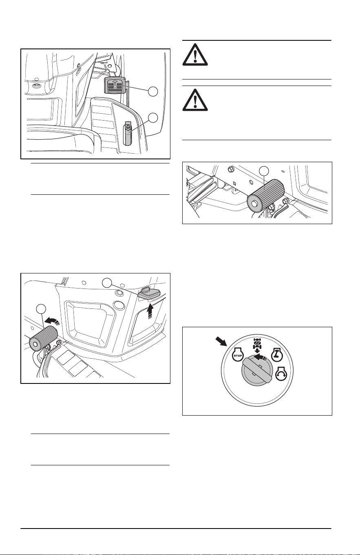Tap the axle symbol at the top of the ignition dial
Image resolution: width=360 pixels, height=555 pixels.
pyautogui.click(x=257, y=344)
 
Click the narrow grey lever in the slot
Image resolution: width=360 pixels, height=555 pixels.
pyautogui.click(x=128, y=134)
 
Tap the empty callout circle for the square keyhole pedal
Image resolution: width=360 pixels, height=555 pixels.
pyautogui.click(x=153, y=92)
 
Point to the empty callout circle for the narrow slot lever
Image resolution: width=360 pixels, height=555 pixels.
pyautogui.click(x=153, y=118)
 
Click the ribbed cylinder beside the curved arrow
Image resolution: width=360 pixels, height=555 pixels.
pyautogui.click(x=43, y=338)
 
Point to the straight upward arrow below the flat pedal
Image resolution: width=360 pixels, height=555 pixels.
pyautogui.click(x=150, y=312)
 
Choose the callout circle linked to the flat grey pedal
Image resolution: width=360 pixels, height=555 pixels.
pyautogui.click(x=107, y=283)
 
